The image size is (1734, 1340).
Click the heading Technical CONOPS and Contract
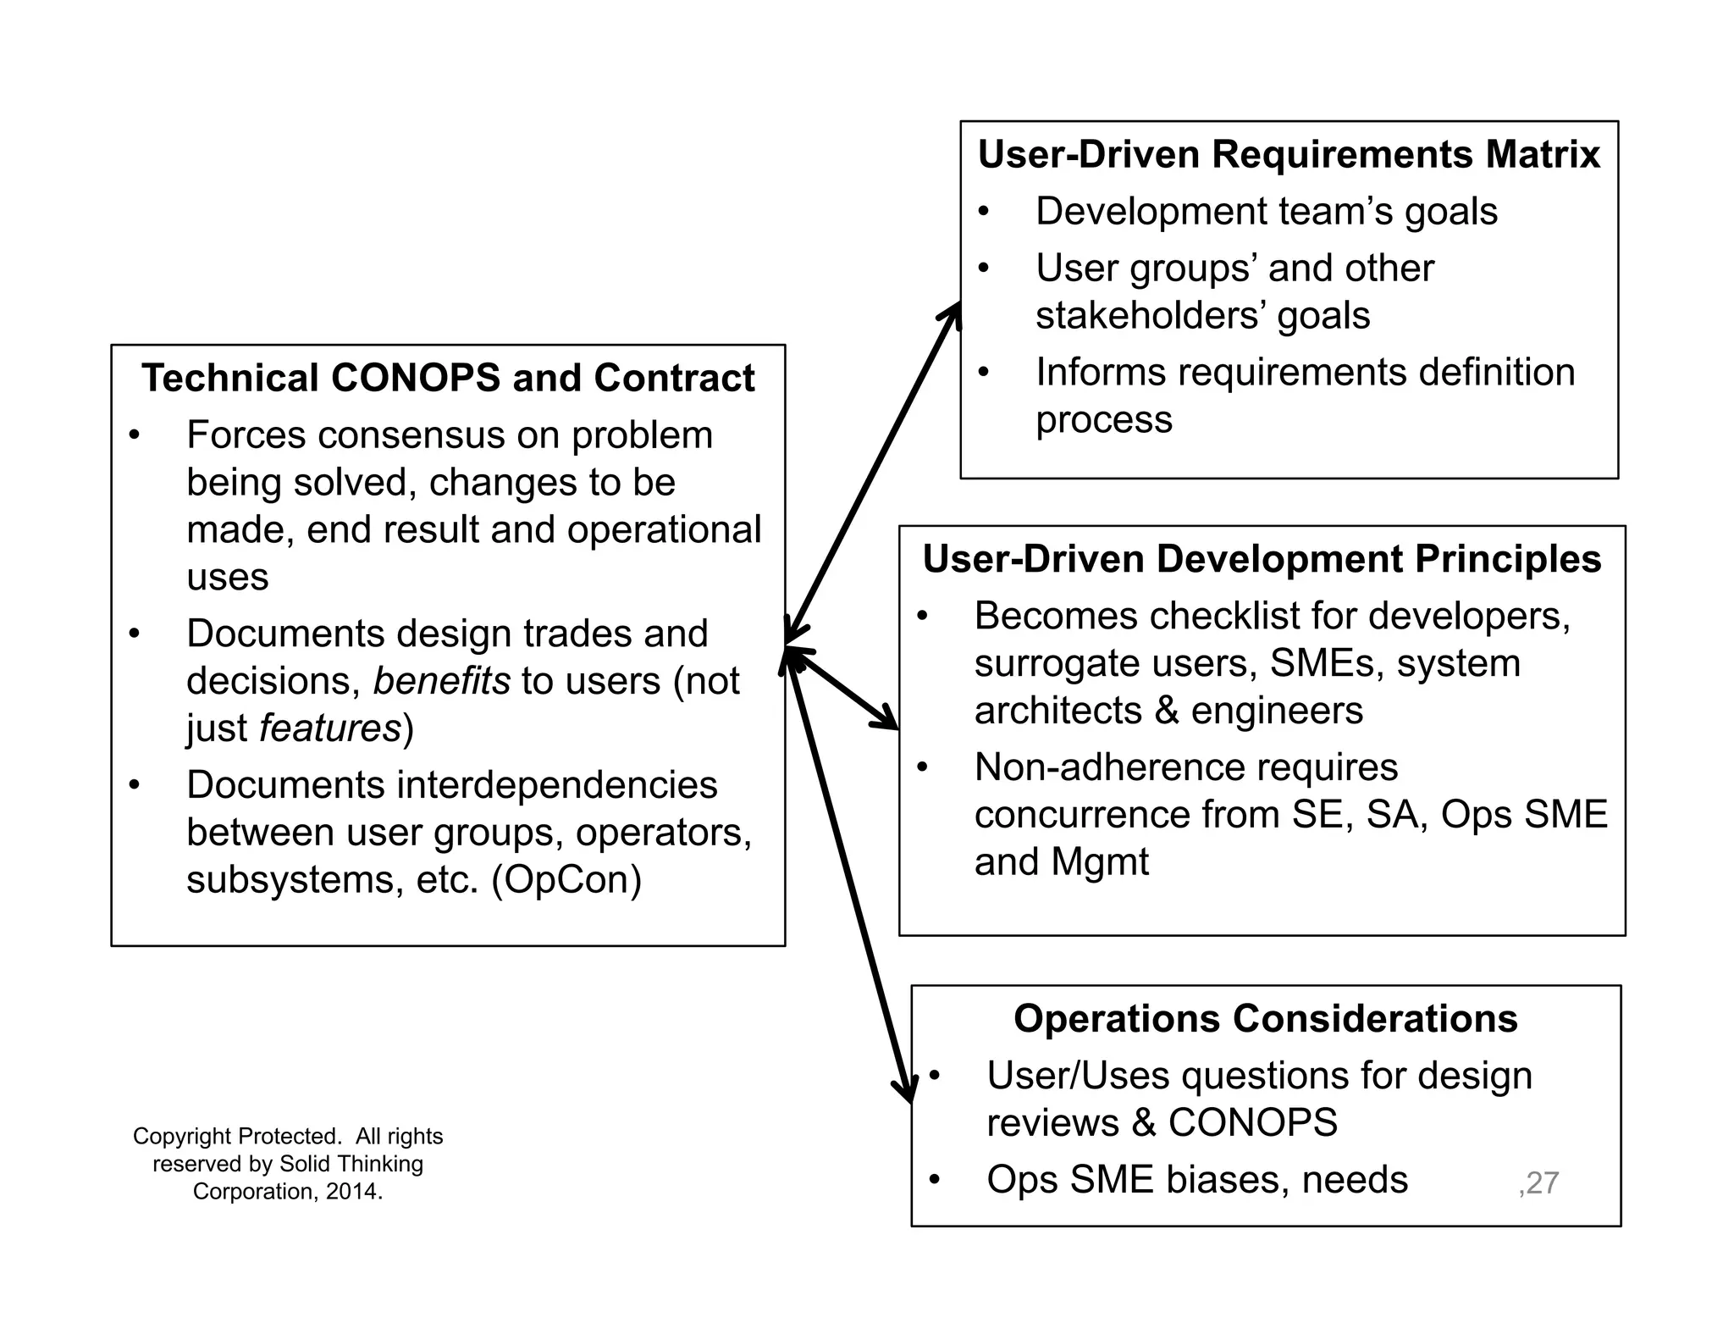click(448, 378)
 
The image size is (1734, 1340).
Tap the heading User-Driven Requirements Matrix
click(1289, 155)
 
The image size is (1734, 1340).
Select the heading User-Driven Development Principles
click(1262, 559)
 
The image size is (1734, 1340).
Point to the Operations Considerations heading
click(1265, 1019)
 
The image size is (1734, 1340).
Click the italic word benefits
click(441, 681)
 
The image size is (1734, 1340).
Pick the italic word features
click(329, 728)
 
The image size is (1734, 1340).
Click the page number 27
click(1542, 1182)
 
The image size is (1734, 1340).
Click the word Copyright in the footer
click(182, 1137)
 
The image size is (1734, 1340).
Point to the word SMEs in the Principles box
click(1326, 663)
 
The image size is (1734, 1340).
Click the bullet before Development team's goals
click(983, 212)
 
